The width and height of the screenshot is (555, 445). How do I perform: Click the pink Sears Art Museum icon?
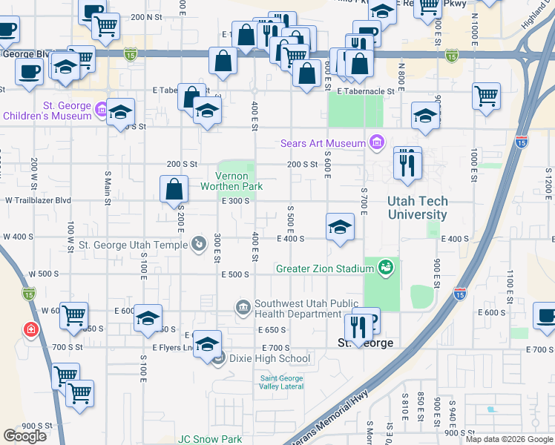[378, 142]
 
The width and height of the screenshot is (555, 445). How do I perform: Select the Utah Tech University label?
[417, 208]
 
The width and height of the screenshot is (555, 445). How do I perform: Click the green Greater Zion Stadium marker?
[384, 268]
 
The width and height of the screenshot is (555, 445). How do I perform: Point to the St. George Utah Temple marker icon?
[199, 244]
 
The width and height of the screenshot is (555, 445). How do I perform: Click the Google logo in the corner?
[24, 436]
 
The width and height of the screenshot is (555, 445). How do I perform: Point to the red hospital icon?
[30, 329]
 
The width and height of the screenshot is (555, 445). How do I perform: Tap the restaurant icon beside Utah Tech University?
[406, 164]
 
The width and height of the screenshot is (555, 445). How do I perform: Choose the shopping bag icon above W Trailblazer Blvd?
[174, 189]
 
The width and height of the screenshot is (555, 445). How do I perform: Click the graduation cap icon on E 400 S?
[339, 227]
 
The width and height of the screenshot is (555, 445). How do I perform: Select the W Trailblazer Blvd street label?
[38, 200]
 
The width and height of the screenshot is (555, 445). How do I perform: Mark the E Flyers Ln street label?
[173, 347]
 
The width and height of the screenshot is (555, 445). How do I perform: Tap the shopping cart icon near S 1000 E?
[486, 96]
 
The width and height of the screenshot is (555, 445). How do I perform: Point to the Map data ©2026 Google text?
[510, 439]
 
